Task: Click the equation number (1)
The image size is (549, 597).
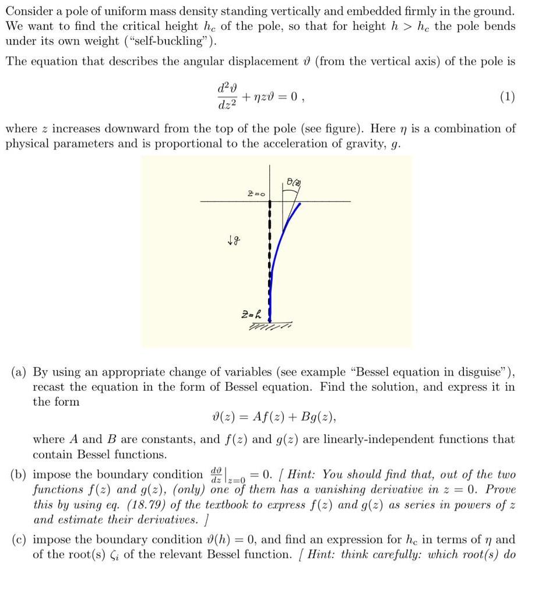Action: [x=508, y=97]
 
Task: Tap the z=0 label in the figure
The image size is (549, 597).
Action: [x=256, y=192]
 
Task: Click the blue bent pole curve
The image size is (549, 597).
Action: [x=282, y=245]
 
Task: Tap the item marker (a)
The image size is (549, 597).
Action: [x=20, y=372]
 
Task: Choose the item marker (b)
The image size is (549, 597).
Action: [x=20, y=475]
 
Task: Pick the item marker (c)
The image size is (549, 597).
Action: [x=20, y=539]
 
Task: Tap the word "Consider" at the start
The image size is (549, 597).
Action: [x=28, y=11]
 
